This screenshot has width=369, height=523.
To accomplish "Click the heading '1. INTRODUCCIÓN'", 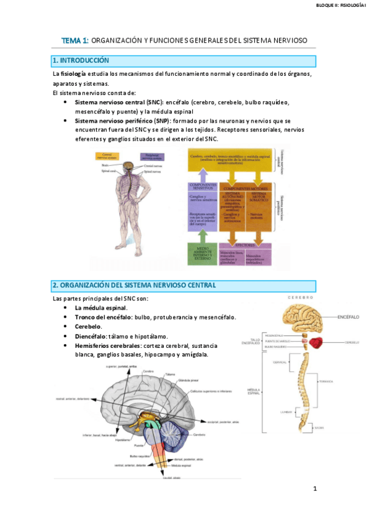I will pos(81,60).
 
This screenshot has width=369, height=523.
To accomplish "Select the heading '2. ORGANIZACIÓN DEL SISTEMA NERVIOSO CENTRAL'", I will pos(134,286).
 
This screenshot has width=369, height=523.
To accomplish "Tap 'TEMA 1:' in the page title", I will pos(75,40).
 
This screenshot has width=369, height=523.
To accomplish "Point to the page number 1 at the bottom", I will pos(314,488).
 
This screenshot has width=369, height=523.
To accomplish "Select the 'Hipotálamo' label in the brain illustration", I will pos(121,440).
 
